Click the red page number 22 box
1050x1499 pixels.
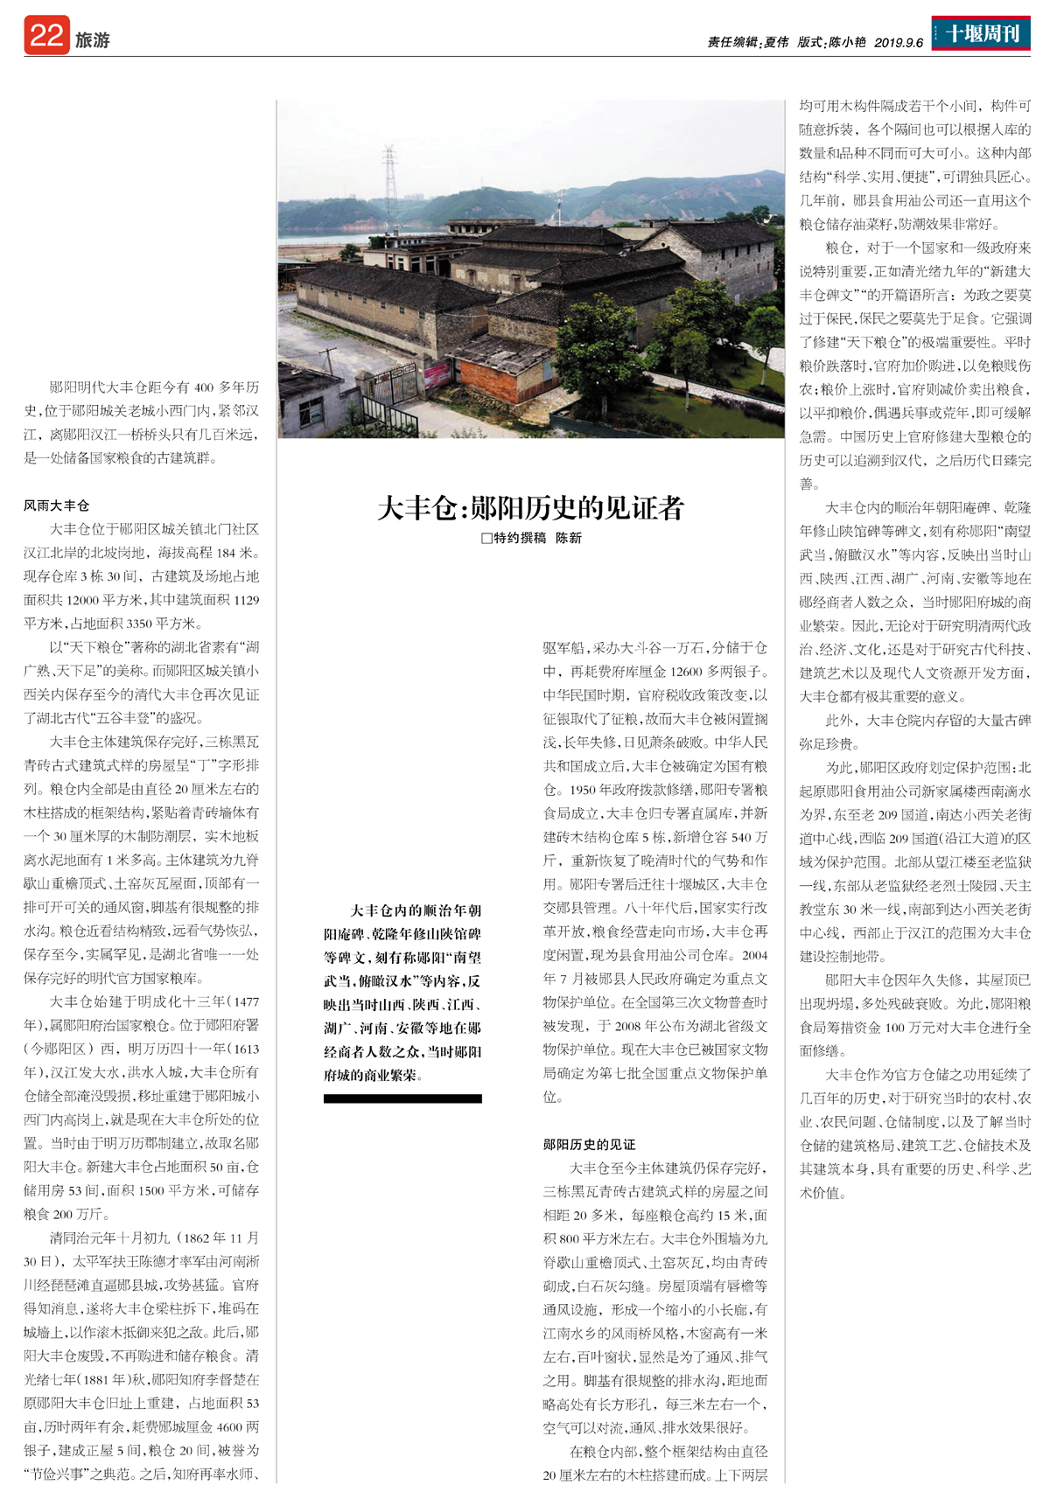(x=46, y=36)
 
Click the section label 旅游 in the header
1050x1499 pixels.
(x=93, y=40)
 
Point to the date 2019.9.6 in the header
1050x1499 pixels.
(x=899, y=42)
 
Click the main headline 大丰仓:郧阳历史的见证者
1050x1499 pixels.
(x=530, y=508)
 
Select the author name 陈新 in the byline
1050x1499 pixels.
(x=569, y=539)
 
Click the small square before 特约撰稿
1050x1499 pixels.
(x=486, y=539)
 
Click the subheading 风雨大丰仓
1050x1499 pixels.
(x=57, y=505)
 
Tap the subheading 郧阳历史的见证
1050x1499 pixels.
(x=589, y=1145)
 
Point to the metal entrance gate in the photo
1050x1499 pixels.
(x=392, y=385)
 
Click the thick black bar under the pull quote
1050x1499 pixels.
(x=402, y=1098)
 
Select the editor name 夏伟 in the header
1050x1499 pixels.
(x=776, y=42)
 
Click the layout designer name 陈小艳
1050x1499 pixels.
(x=848, y=42)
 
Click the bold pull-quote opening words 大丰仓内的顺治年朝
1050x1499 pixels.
(x=416, y=910)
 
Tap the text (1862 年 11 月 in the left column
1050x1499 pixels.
(x=219, y=1238)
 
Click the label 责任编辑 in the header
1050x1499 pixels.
(x=731, y=42)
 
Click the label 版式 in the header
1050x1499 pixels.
(x=810, y=42)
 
